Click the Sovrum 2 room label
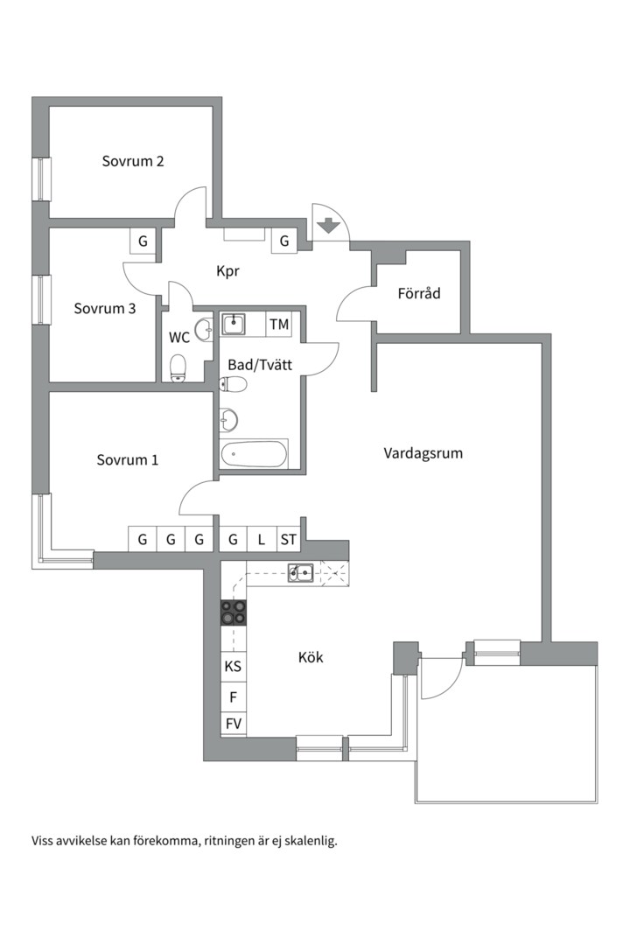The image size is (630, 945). point(133,161)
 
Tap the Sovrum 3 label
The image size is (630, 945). point(104,308)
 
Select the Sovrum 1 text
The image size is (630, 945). point(128,459)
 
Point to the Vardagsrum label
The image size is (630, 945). point(423,453)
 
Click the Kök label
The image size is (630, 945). point(311,656)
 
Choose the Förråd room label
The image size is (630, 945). point(418,294)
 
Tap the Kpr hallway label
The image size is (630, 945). point(228,271)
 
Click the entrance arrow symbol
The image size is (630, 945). point(328,225)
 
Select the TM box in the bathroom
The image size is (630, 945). point(279,325)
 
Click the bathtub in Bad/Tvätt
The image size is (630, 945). point(254,455)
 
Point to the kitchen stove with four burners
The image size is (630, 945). point(234,612)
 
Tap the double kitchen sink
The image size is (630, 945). point(302,573)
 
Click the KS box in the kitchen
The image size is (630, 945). point(233,666)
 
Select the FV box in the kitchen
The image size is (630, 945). point(233,724)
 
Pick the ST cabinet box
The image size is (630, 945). point(288,540)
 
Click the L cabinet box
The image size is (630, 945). point(261,540)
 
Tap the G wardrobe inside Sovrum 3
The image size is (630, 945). point(143,241)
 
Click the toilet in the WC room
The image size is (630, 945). point(178,367)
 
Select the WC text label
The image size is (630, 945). point(179,337)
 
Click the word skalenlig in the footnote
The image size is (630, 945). point(305,841)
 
